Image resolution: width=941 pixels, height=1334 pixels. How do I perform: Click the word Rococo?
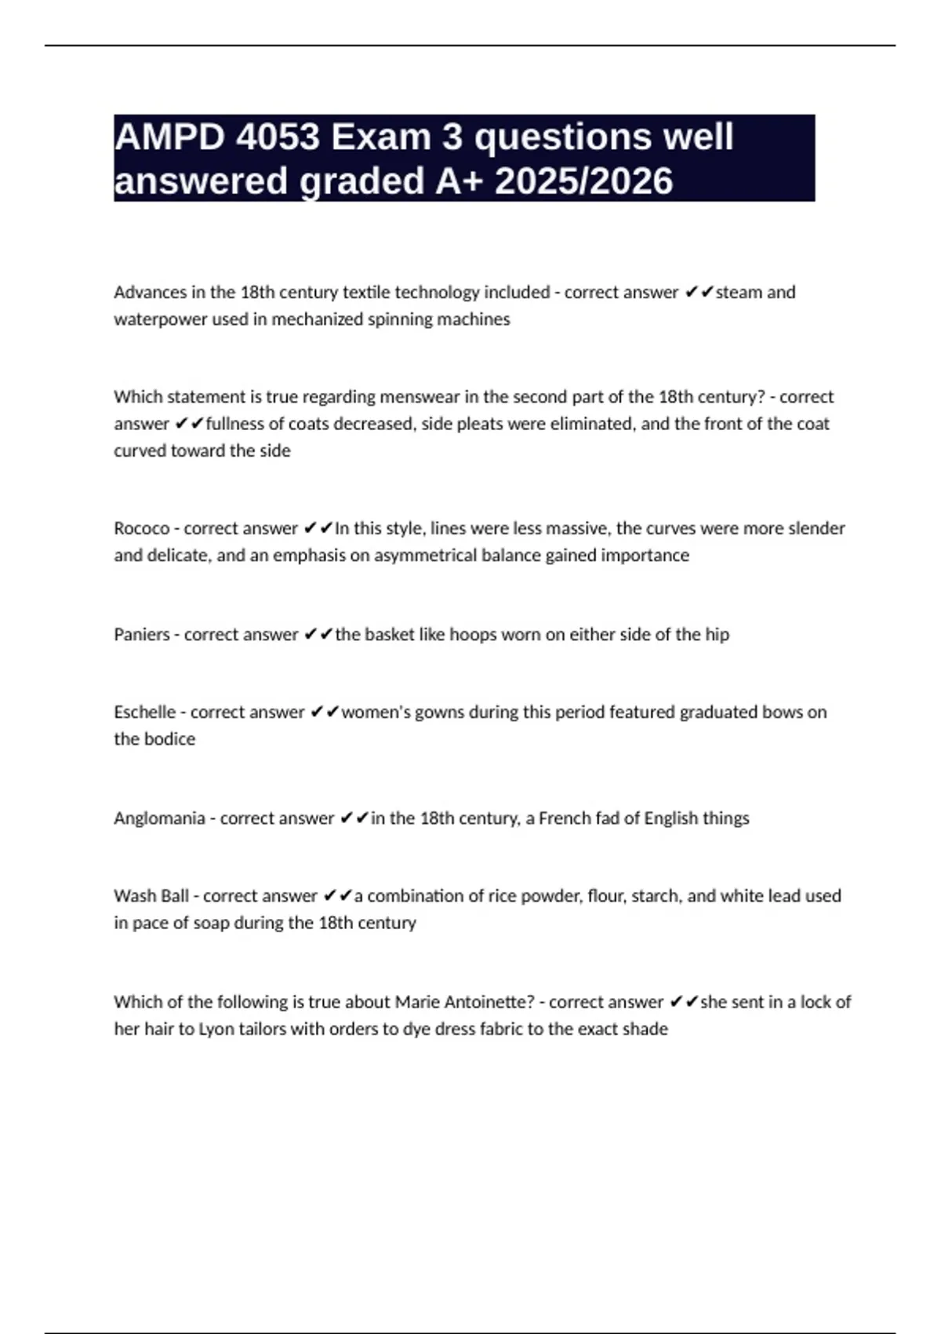[x=142, y=528]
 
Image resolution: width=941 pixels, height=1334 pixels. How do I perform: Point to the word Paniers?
[x=142, y=634]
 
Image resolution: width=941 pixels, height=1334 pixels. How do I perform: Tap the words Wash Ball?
[x=151, y=895]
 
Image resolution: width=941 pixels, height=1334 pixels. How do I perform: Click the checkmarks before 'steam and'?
[x=698, y=292]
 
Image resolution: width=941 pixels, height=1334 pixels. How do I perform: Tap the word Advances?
[x=150, y=292]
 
